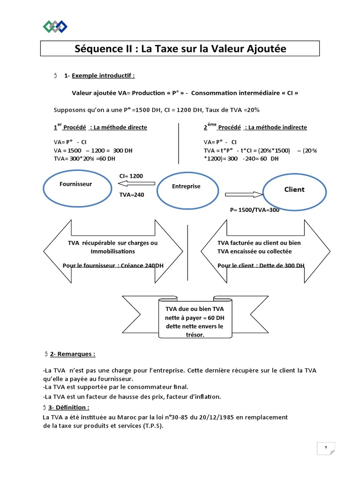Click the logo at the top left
[54, 27]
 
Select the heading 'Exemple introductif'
[103, 75]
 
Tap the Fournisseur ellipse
[76, 187]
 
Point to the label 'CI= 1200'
[131, 176]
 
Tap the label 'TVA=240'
[132, 195]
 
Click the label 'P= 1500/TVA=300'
[255, 210]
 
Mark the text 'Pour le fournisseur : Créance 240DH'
[110, 266]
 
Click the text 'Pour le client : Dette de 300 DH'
[261, 266]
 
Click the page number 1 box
[325, 449]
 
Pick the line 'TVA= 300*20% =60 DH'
[84, 158]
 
